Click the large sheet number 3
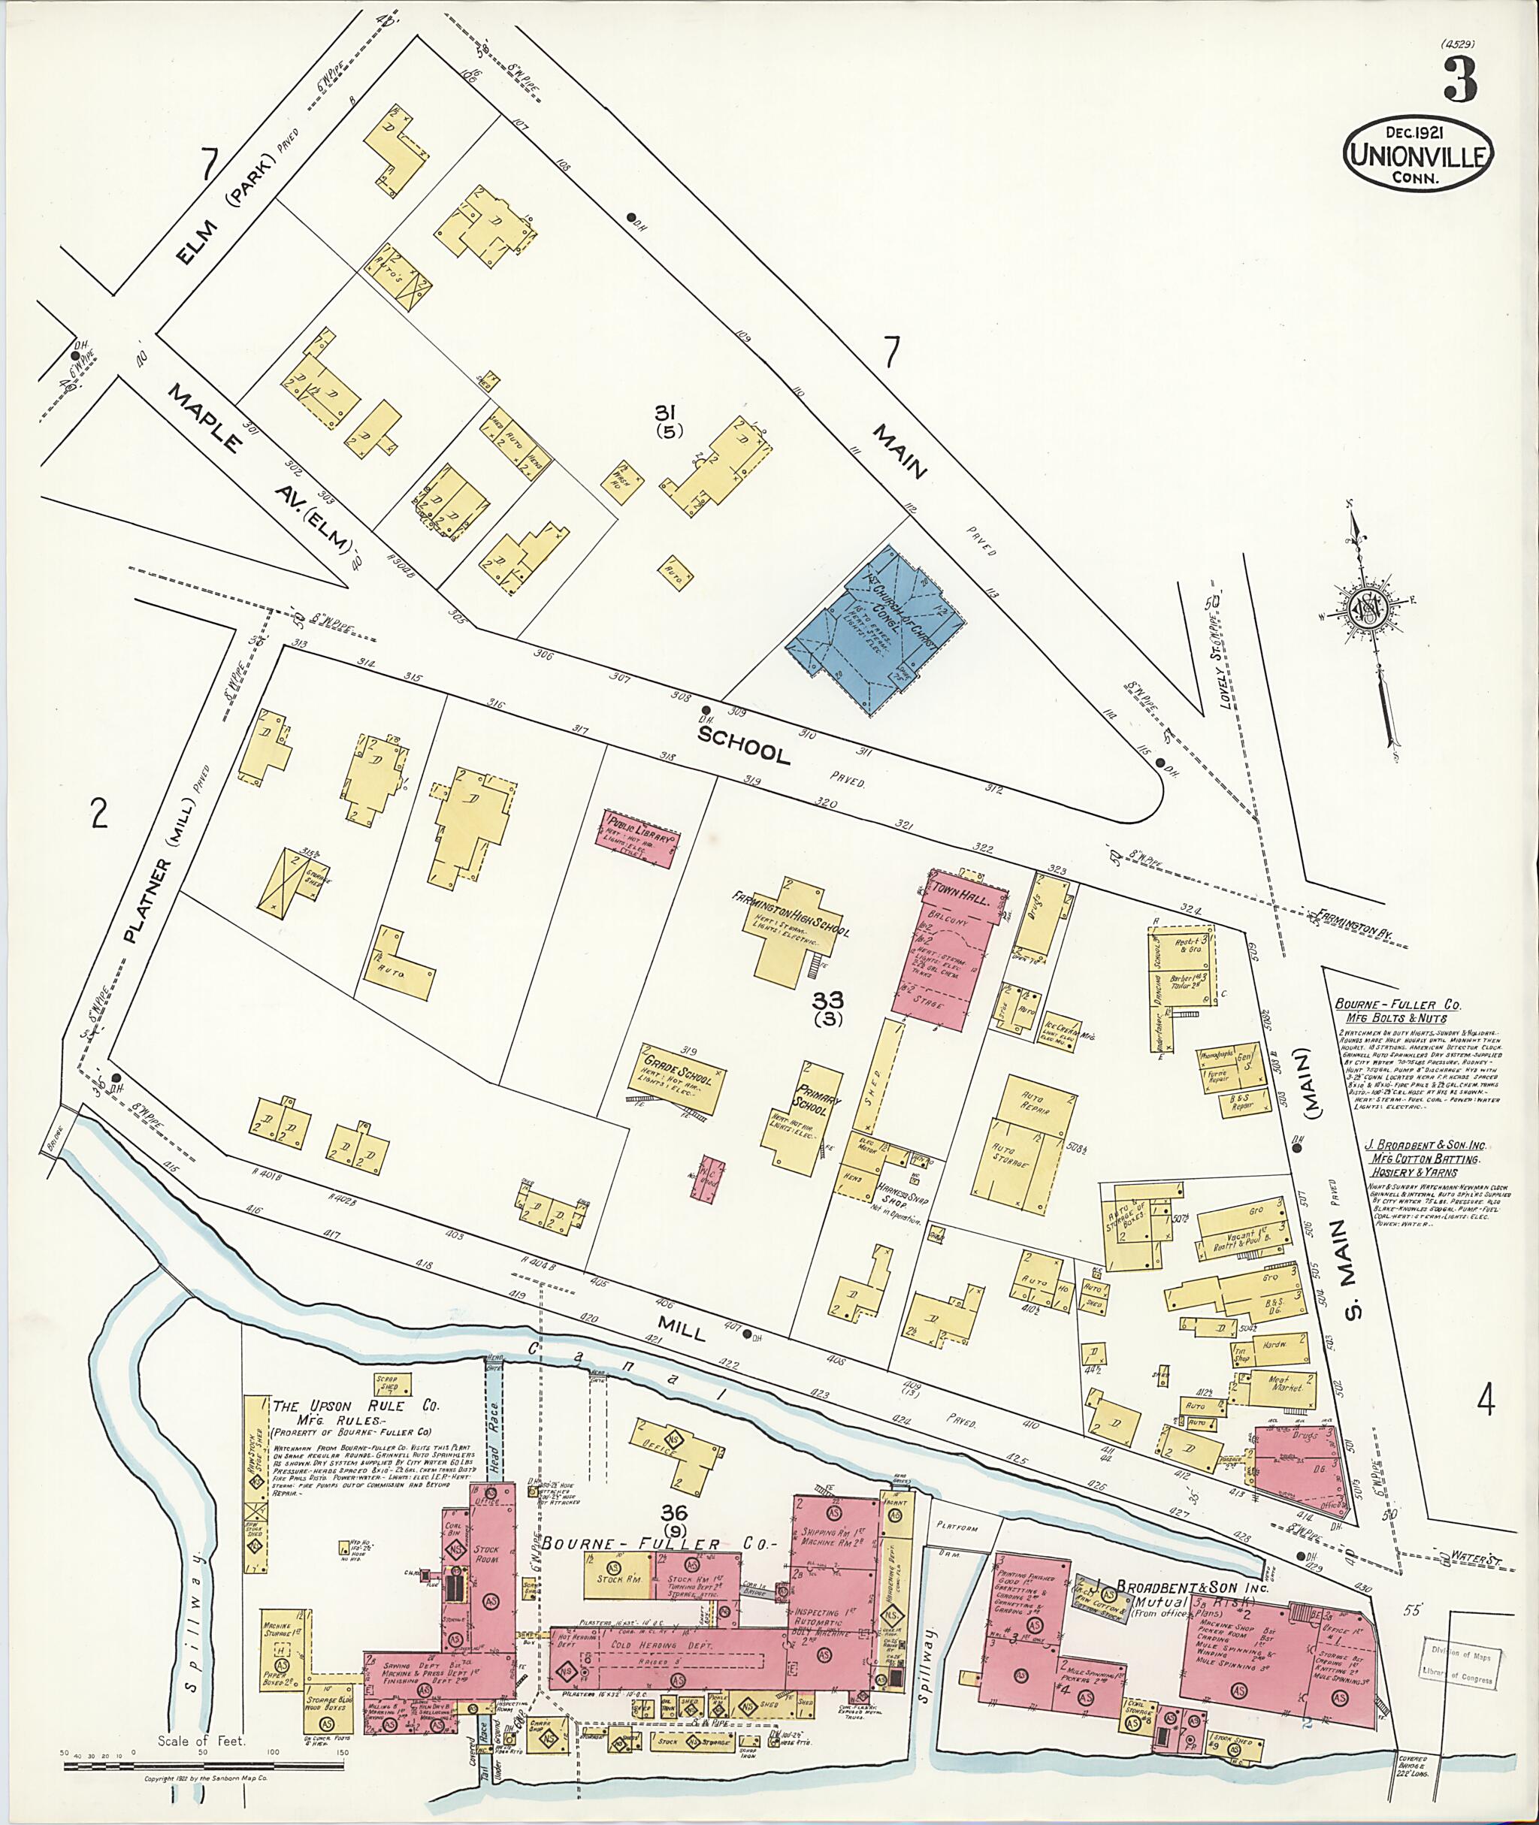[x=1459, y=80]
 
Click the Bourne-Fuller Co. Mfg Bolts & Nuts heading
[x=1392, y=1011]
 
